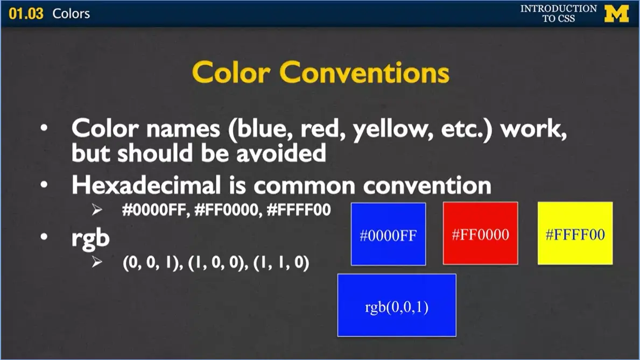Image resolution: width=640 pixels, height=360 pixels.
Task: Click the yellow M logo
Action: click(616, 13)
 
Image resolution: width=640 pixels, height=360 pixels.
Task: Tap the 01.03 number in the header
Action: click(26, 13)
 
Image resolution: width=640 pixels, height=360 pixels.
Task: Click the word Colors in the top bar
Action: click(71, 13)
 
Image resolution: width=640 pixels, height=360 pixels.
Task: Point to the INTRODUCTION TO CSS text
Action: click(558, 13)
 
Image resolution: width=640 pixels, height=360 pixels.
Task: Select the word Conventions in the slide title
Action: click(364, 72)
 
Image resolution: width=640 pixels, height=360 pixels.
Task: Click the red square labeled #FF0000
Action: click(480, 234)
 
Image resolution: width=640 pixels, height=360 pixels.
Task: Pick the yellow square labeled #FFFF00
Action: click(575, 234)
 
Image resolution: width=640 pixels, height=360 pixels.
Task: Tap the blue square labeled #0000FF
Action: click(388, 234)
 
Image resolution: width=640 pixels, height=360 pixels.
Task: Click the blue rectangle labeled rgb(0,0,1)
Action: click(397, 305)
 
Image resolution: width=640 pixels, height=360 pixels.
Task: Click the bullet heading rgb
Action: click(90, 238)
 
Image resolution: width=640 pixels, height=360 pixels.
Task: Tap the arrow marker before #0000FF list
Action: click(96, 210)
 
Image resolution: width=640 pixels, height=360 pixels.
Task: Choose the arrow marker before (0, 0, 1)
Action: click(96, 263)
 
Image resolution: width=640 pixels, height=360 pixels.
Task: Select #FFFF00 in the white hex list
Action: click(298, 209)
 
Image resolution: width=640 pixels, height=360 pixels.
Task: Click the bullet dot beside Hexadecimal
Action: click(44, 185)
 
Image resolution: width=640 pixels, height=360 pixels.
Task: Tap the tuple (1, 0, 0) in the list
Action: click(213, 264)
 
